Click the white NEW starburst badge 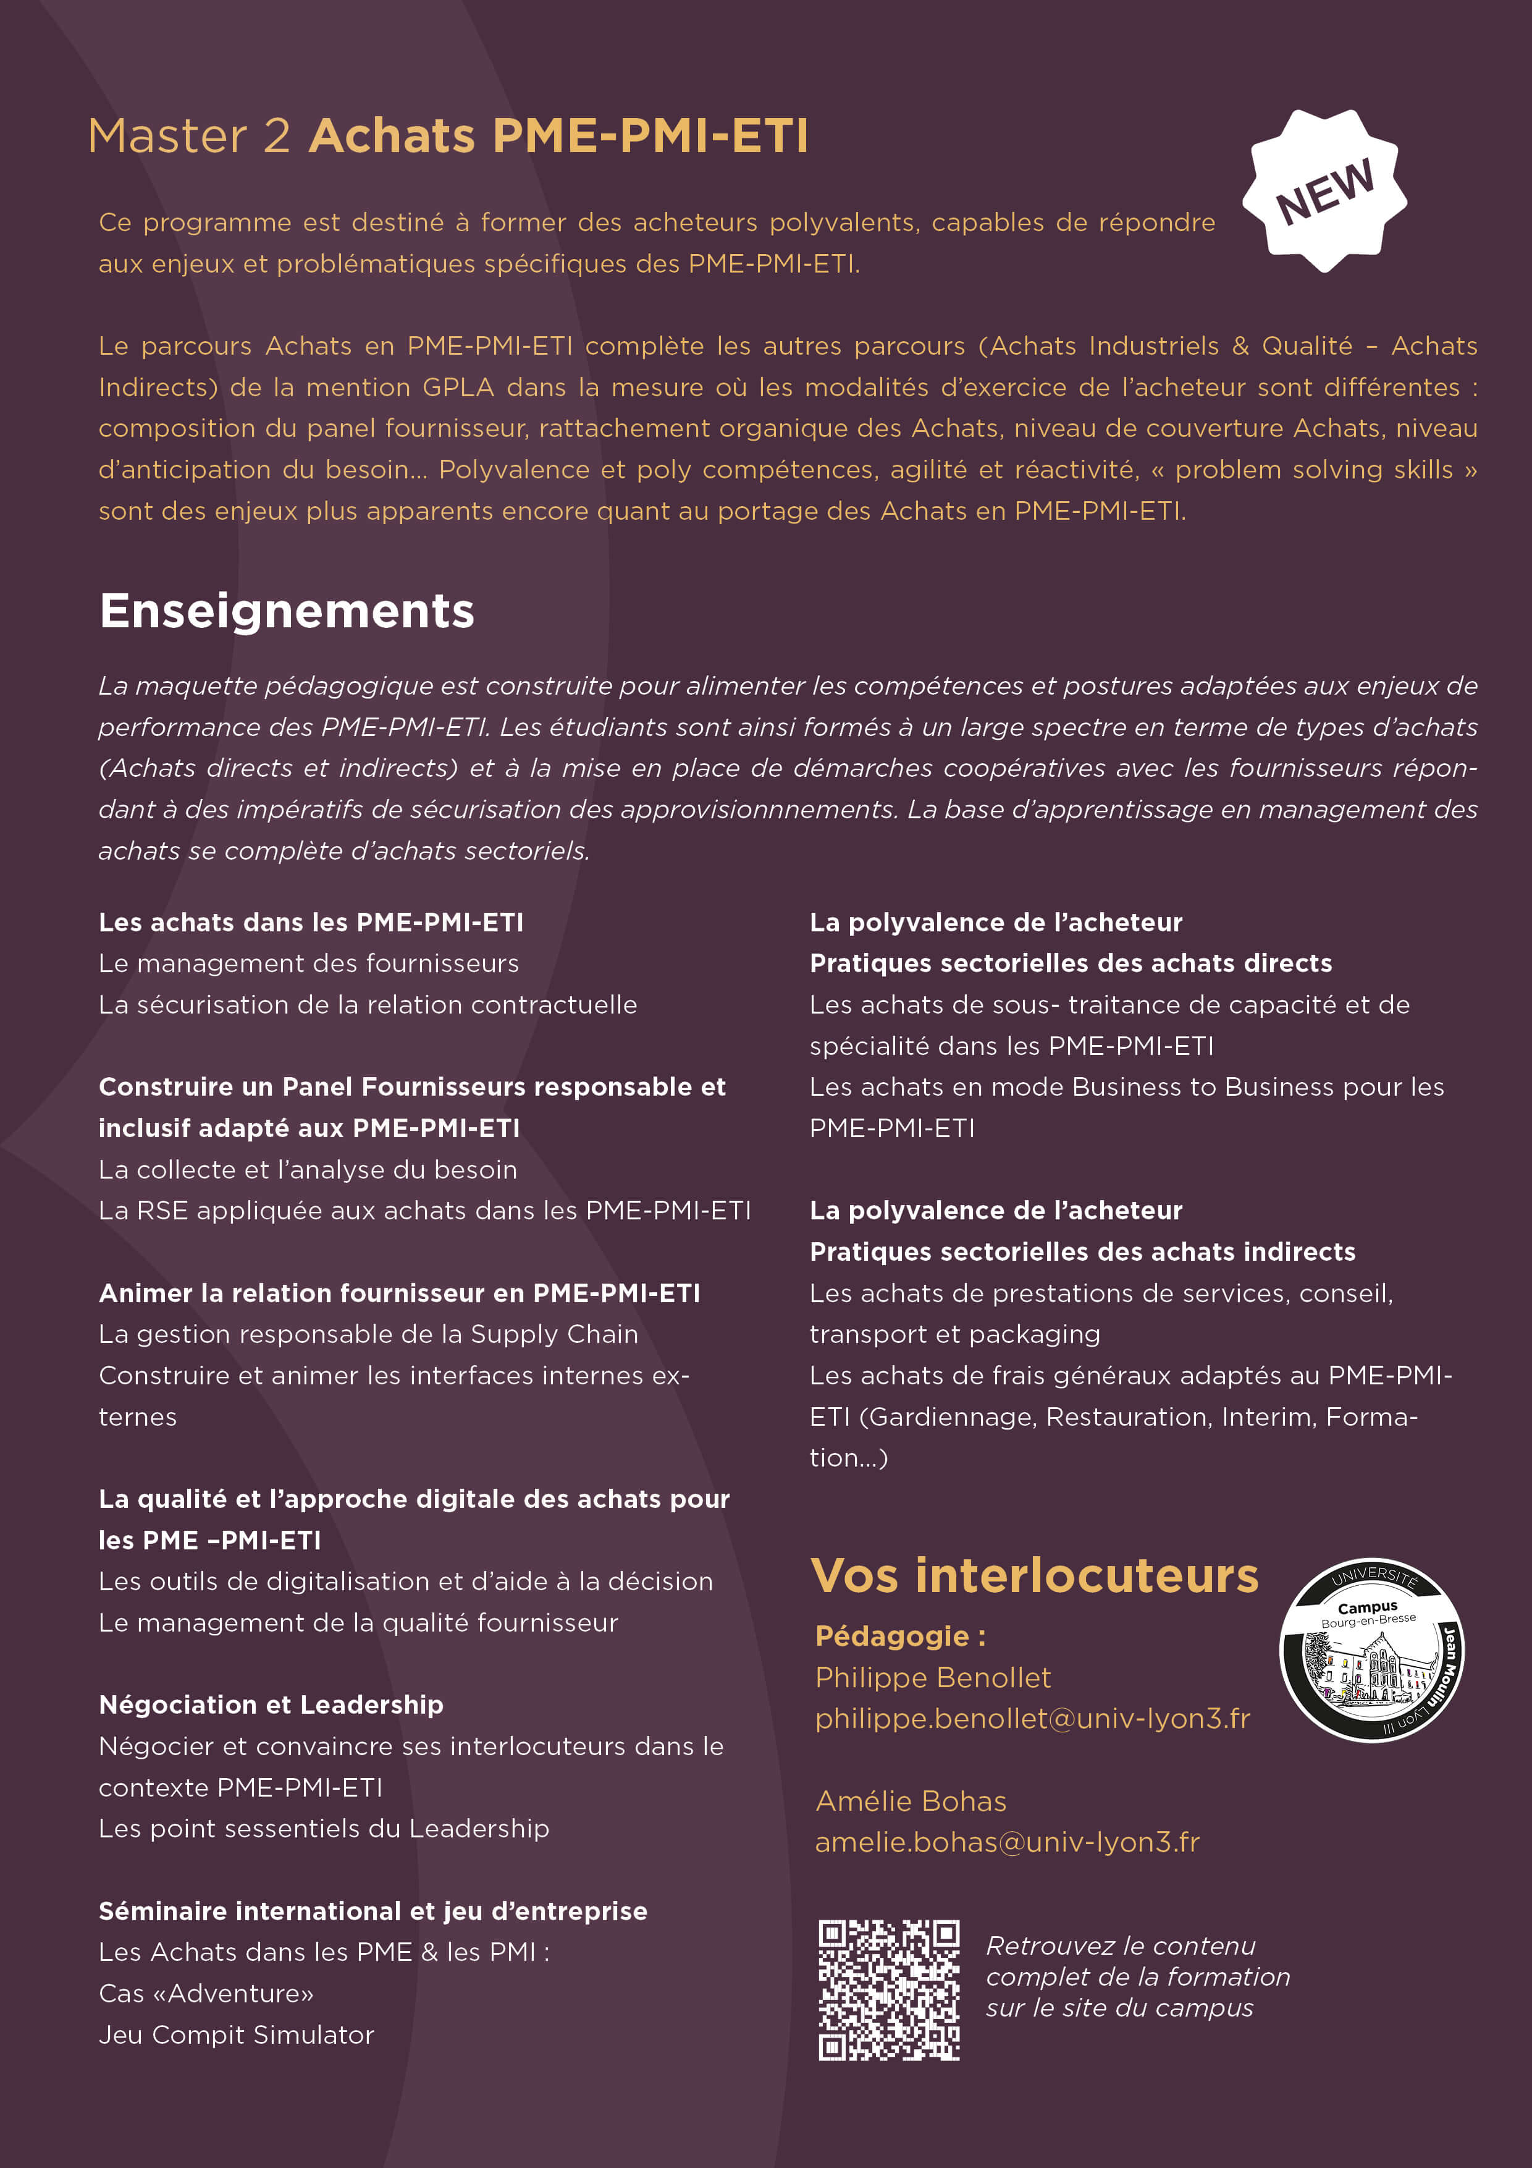point(1324,191)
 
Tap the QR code point(888,1989)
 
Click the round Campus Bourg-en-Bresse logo point(1371,1649)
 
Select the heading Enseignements point(287,611)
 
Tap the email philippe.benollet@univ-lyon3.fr point(1033,1719)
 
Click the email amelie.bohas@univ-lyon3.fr point(1007,1842)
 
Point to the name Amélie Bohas point(911,1801)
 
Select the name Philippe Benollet point(933,1677)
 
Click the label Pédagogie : point(901,1635)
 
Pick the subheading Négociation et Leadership point(271,1704)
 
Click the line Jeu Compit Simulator point(236,2035)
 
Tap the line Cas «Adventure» point(206,1993)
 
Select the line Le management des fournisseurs point(309,963)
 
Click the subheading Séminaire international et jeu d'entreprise point(373,1911)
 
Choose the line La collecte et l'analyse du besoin point(308,1169)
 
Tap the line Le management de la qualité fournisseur point(358,1622)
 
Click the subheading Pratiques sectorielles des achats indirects point(1082,1252)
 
